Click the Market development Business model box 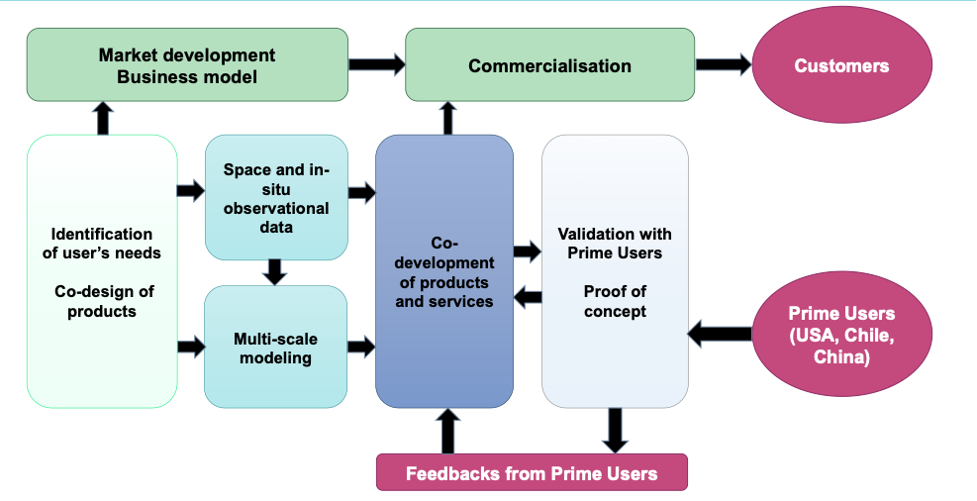187,65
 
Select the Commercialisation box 549,66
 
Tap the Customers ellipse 841,66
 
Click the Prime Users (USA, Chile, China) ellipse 841,335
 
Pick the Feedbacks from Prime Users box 532,473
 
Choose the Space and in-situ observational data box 276,198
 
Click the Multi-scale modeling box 276,349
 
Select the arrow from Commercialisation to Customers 724,65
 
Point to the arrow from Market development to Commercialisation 377,65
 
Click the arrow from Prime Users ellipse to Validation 720,333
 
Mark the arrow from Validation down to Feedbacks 616,431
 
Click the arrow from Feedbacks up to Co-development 447,432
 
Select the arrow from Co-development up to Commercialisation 446,119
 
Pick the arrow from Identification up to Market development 103,118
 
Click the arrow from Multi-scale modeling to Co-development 361,347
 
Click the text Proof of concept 615,301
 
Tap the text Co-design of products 102,301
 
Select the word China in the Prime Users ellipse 841,357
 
